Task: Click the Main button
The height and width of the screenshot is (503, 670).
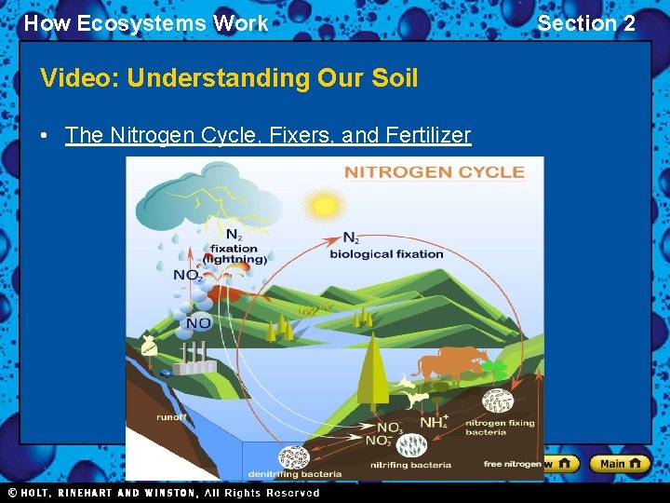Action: (621, 463)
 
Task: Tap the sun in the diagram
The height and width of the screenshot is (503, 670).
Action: (325, 204)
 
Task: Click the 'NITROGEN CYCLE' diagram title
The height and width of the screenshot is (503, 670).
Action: (435, 171)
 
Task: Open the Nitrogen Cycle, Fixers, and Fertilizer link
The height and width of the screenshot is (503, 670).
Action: (268, 135)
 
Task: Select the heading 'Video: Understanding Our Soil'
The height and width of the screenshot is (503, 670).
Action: (229, 78)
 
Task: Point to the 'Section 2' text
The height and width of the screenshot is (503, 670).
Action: (586, 23)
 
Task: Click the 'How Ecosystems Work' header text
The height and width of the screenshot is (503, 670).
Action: (146, 23)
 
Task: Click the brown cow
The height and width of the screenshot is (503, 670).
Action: (450, 362)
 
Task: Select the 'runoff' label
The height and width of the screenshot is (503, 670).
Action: (172, 418)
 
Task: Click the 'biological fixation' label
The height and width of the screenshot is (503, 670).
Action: (386, 253)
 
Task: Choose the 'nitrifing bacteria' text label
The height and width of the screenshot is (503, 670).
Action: (410, 465)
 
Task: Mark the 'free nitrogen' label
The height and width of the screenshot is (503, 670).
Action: (512, 464)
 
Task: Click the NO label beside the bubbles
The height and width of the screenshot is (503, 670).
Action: (197, 323)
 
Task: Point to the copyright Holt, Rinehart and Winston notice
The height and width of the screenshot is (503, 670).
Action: (164, 493)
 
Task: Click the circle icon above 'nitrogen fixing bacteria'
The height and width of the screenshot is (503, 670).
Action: (496, 401)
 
